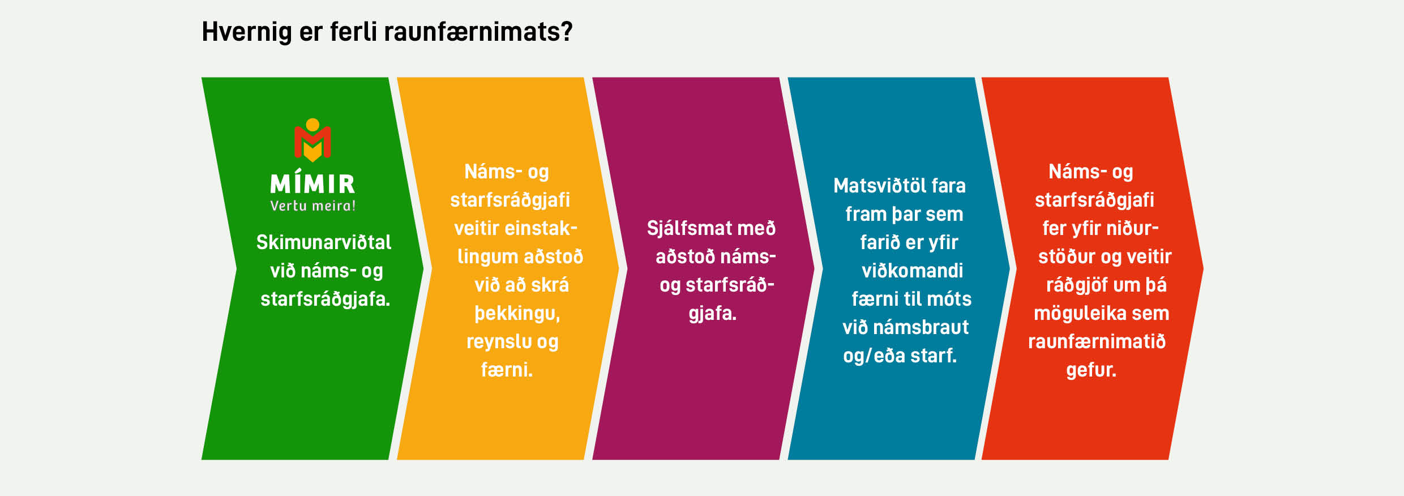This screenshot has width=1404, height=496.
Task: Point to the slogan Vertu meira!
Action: [x=313, y=206]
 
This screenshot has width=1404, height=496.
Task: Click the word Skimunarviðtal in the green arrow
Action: [x=324, y=242]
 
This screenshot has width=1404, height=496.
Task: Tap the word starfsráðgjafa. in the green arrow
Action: [x=326, y=299]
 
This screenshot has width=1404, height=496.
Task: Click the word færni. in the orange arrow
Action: [x=507, y=370]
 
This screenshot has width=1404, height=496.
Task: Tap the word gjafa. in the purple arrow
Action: [x=713, y=314]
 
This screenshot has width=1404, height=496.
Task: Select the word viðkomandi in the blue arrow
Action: [x=912, y=271]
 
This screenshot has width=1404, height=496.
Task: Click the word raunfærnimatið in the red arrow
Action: [x=1097, y=341]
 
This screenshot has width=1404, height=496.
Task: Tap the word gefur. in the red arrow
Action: [x=1091, y=370]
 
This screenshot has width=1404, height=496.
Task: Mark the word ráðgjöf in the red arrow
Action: [x=1077, y=285]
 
